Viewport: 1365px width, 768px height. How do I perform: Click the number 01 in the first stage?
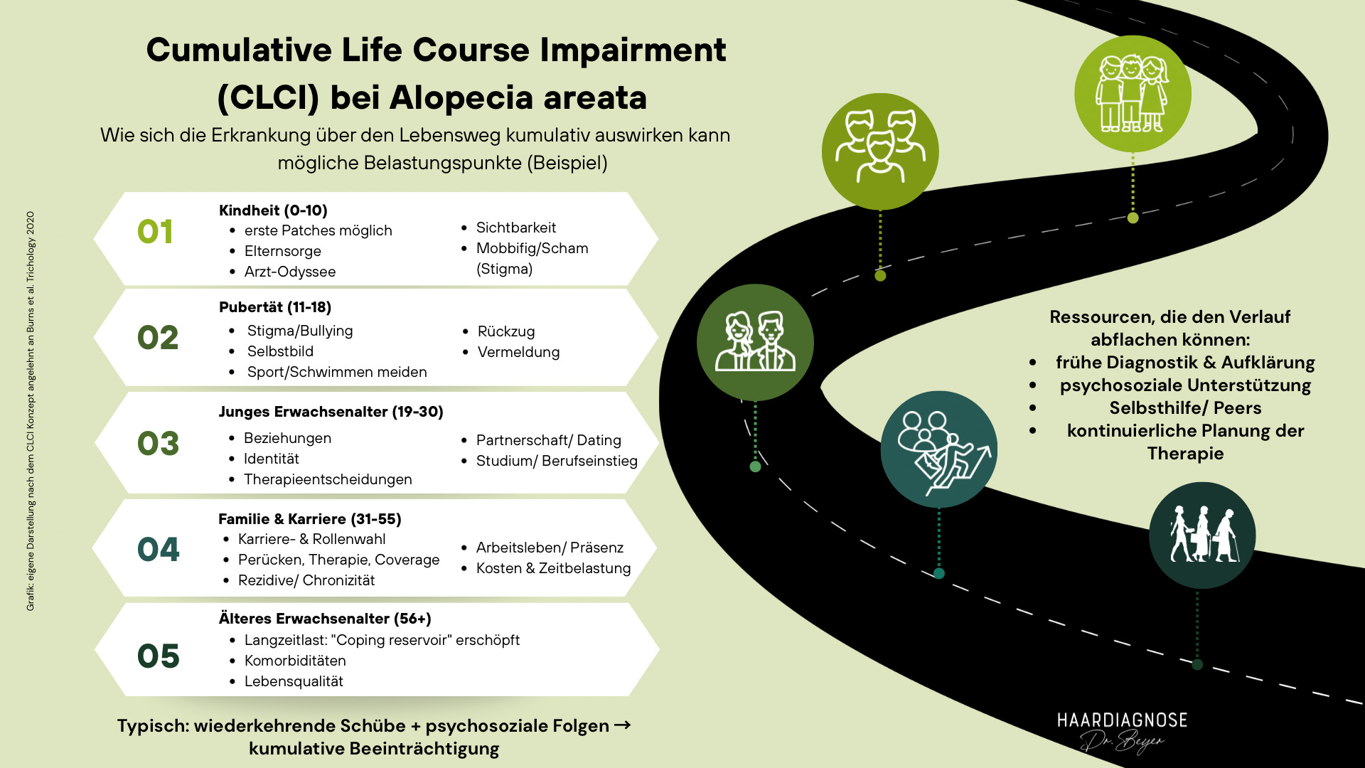(155, 232)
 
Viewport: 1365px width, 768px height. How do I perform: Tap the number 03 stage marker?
(158, 443)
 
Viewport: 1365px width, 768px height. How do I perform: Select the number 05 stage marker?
(158, 656)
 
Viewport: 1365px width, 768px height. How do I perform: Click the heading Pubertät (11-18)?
(275, 307)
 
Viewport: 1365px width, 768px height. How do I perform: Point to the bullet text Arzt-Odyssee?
(289, 272)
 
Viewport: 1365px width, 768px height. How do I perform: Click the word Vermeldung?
(518, 352)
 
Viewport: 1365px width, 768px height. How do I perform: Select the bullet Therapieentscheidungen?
(328, 479)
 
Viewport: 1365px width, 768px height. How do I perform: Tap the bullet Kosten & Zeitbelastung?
(553, 568)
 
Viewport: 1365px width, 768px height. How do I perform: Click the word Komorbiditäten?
(295, 661)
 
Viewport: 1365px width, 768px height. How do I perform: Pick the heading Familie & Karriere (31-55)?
(310, 519)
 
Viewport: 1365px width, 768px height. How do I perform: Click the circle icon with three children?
(1133, 94)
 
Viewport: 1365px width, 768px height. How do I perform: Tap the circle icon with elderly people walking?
(1202, 535)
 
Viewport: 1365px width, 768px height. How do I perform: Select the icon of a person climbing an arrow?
(938, 449)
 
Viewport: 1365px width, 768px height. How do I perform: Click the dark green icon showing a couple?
(755, 342)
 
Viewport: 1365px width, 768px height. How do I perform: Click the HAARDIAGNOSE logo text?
(1122, 720)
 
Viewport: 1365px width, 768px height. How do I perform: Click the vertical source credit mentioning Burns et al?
(31, 411)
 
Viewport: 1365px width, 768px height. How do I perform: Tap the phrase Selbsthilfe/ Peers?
(1185, 407)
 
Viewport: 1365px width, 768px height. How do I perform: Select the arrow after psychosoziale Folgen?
(622, 725)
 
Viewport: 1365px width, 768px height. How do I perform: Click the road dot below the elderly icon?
(1197, 665)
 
